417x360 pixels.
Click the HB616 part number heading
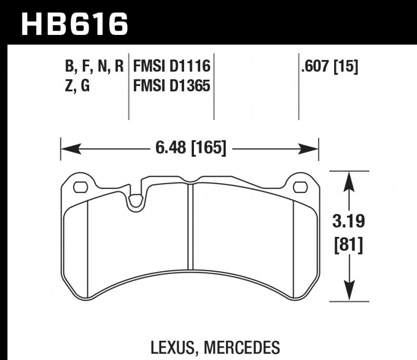click(x=73, y=23)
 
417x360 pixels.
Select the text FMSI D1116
click(x=171, y=67)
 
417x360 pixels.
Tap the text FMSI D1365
click(x=171, y=86)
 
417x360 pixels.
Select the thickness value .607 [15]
click(x=329, y=67)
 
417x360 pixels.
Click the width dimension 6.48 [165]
click(x=190, y=149)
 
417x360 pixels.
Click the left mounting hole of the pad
click(x=80, y=186)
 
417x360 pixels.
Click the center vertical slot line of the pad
click(x=191, y=230)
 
